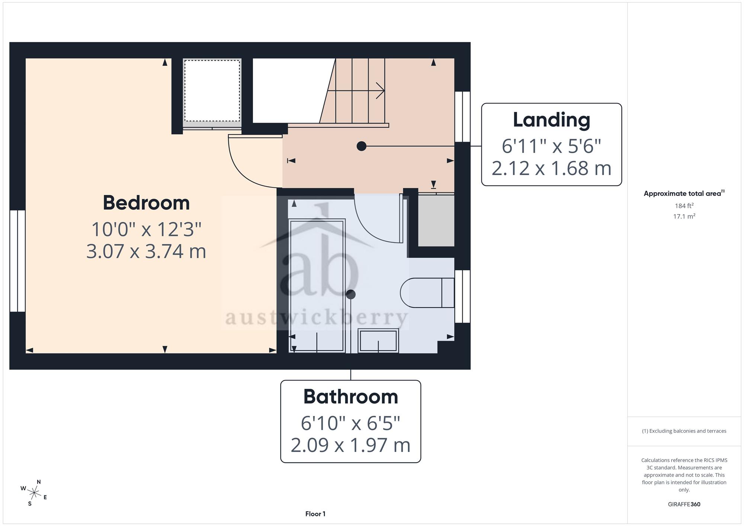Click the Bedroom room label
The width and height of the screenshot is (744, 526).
tap(146, 203)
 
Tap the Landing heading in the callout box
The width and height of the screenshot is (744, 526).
tap(551, 120)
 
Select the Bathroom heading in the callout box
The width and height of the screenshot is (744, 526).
tap(351, 397)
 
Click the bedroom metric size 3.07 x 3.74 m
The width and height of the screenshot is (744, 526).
tap(146, 251)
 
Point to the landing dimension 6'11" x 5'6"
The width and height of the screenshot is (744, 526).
tap(551, 146)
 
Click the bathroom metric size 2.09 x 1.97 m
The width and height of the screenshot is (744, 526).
tap(350, 445)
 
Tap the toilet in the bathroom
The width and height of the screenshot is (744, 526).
tap(427, 293)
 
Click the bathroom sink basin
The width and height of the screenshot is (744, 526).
tap(378, 341)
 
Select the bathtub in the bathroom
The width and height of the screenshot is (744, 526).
tap(317, 285)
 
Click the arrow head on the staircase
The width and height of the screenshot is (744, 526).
tap(381, 90)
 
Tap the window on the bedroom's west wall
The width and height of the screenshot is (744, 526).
tap(17, 261)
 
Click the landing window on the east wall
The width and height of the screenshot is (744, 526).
tap(462, 117)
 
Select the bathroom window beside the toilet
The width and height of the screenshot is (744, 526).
tap(462, 296)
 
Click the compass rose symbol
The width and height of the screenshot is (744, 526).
tap(34, 493)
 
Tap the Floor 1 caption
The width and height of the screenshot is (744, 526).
tap(315, 514)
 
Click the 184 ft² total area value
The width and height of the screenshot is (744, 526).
tap(684, 205)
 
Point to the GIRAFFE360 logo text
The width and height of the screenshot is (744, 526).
tap(684, 504)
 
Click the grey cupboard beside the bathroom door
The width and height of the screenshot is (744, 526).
tap(436, 220)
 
